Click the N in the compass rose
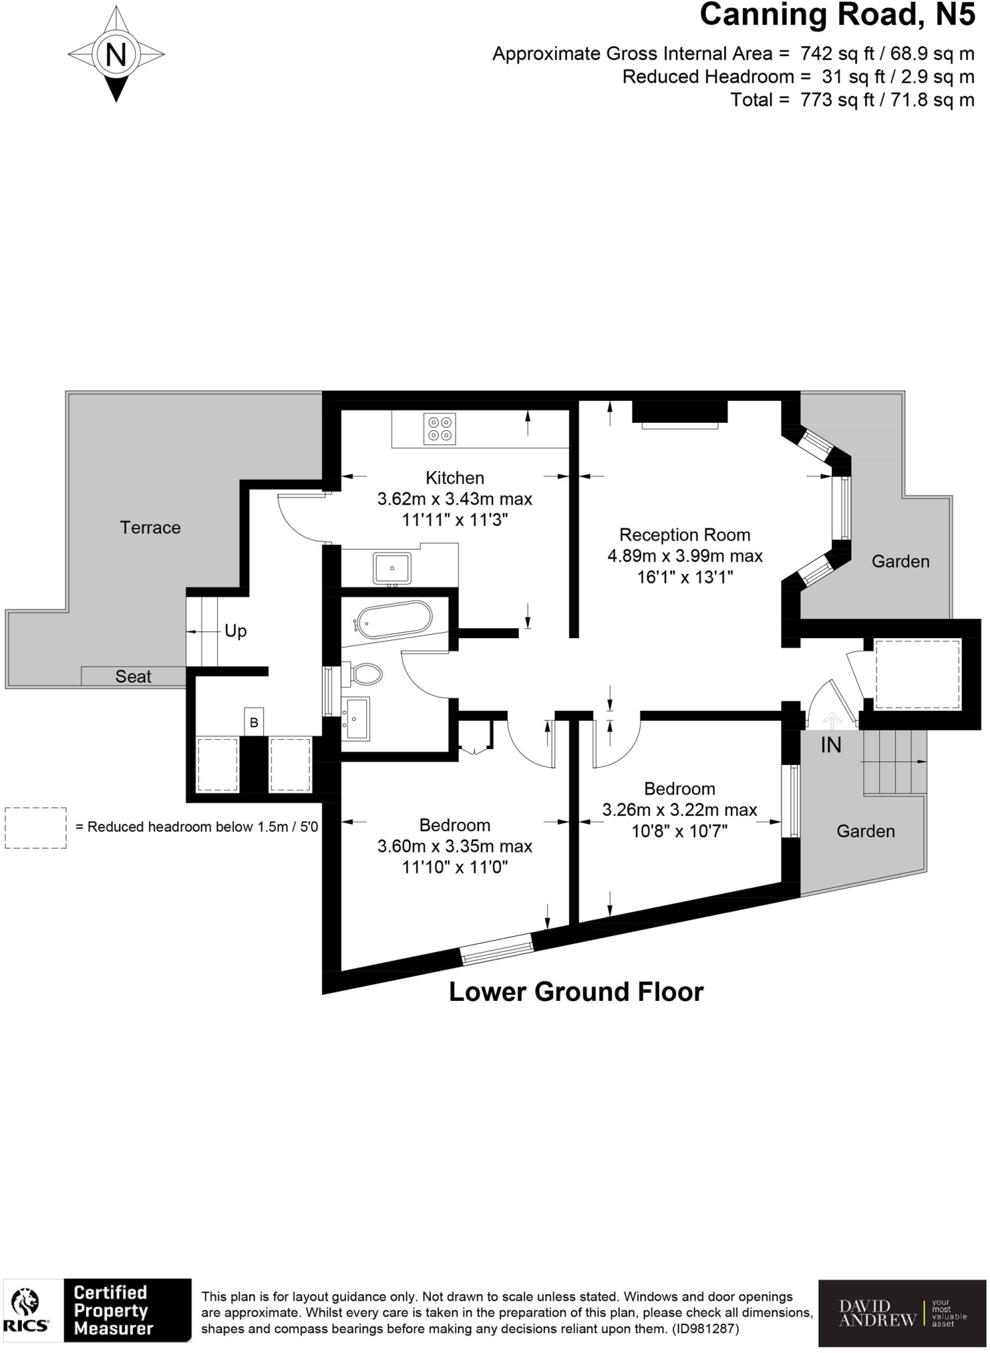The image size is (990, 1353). click(x=116, y=54)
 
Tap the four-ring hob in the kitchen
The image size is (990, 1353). click(x=440, y=428)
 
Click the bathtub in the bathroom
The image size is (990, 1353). click(x=394, y=620)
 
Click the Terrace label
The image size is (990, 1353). click(x=150, y=527)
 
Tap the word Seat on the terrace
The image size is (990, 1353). click(x=133, y=676)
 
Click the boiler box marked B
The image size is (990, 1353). click(x=254, y=723)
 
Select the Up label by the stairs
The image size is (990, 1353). click(x=235, y=631)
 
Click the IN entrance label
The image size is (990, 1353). click(x=831, y=745)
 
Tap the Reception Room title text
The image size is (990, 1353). click(x=684, y=534)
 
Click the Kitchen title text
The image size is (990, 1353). click(x=455, y=478)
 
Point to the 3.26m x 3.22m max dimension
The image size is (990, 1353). click(x=679, y=809)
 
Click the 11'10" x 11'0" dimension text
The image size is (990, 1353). click(x=455, y=867)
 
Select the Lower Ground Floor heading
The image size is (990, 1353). click(x=576, y=992)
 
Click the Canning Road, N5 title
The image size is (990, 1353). click(x=837, y=15)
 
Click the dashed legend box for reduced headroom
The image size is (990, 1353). click(x=36, y=828)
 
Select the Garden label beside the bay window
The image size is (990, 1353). click(x=900, y=562)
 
